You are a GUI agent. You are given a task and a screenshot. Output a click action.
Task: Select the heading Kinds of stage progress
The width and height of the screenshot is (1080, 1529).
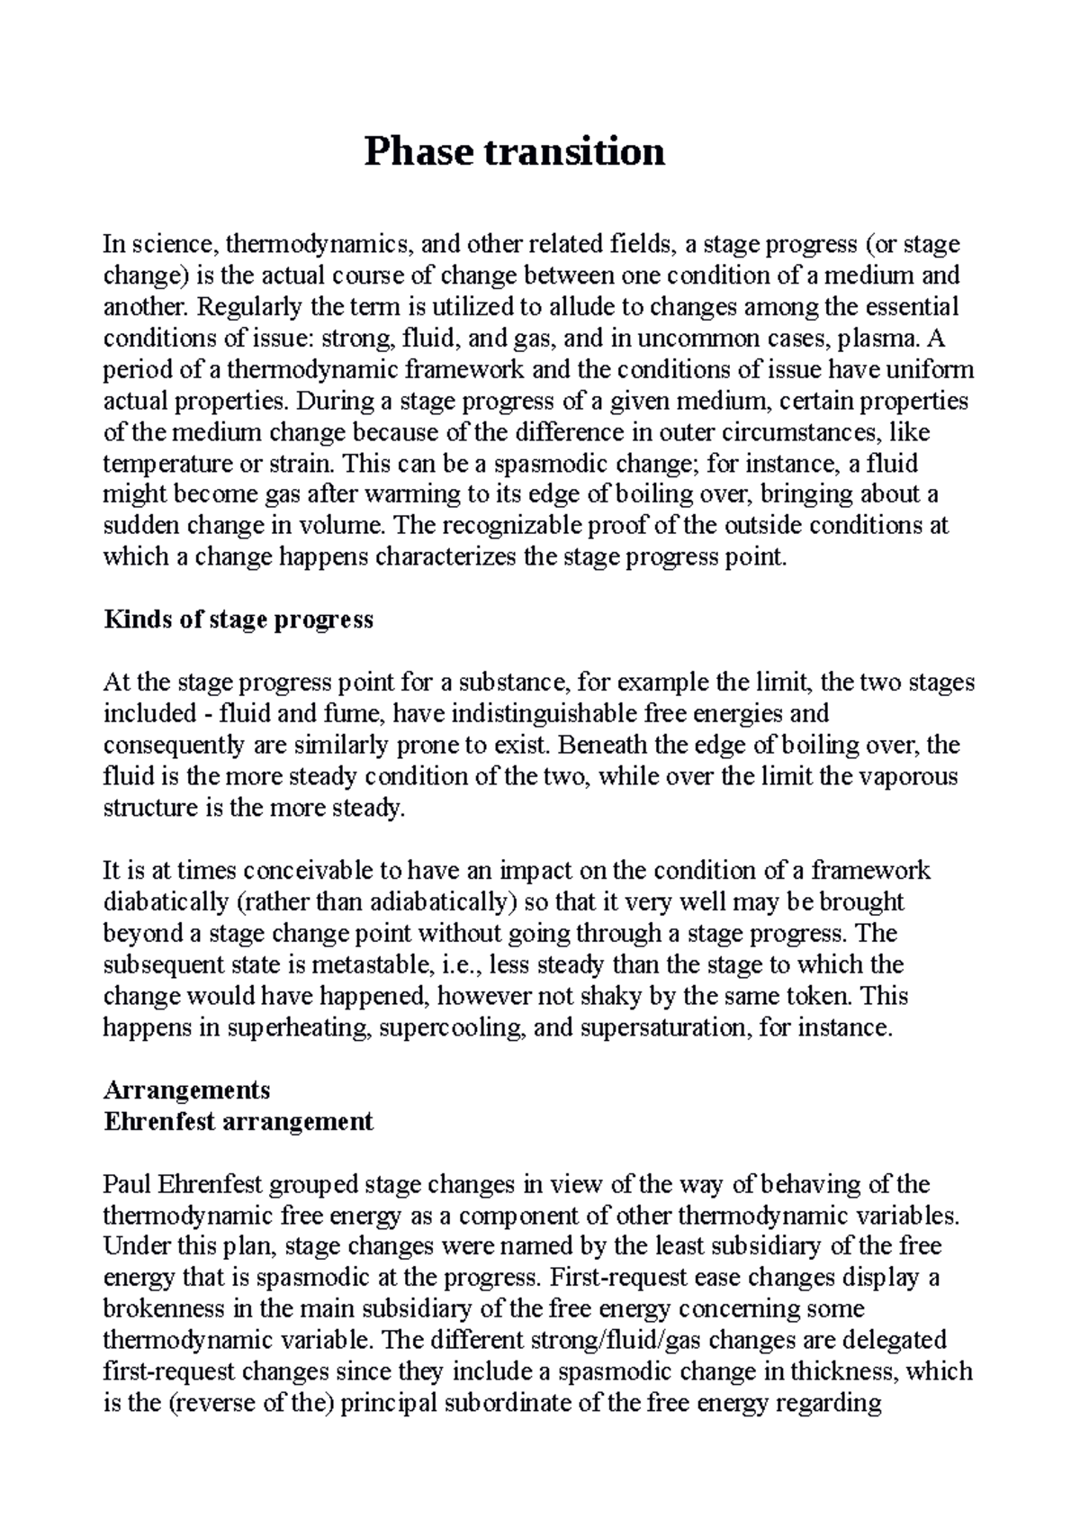(x=238, y=620)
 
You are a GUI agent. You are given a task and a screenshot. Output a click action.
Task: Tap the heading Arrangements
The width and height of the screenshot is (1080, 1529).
(x=186, y=1090)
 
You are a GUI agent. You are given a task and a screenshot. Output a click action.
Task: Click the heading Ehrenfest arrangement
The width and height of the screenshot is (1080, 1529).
(x=238, y=1121)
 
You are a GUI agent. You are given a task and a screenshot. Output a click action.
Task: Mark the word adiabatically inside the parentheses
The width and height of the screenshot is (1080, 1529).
(x=431, y=901)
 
